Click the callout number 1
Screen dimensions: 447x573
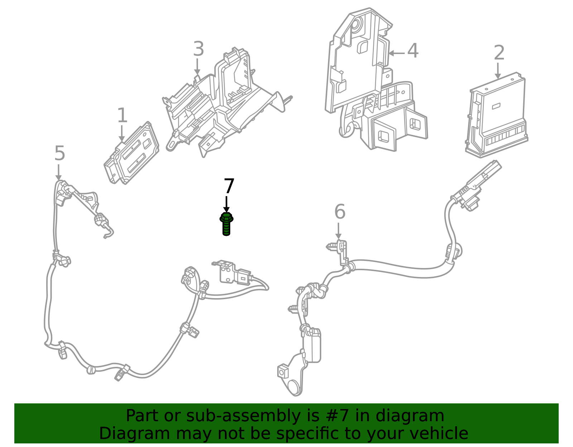point(122,116)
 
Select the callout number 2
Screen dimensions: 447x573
point(499,53)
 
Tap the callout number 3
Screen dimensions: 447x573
point(198,49)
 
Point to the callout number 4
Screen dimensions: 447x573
point(413,51)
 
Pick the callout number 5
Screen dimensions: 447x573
point(59,154)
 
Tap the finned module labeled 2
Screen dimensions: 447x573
point(498,115)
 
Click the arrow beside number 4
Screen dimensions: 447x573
point(396,53)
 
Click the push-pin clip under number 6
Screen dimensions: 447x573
point(333,246)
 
